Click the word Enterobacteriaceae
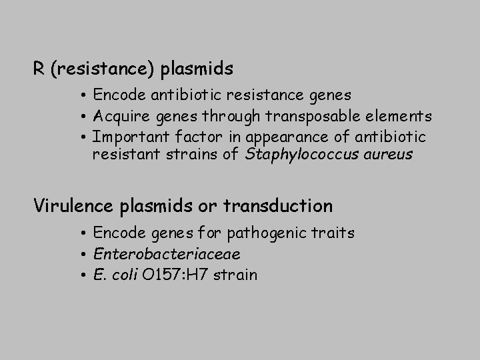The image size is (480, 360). point(167,254)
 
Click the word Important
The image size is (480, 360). point(127,137)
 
